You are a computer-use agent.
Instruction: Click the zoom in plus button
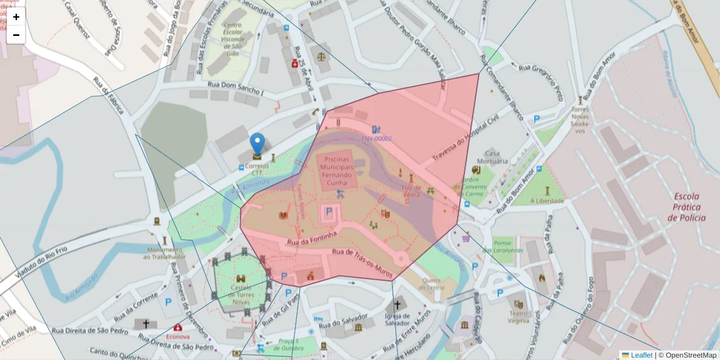16,17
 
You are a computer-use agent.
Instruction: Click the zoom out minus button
16,35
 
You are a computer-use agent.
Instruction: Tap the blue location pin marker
257,144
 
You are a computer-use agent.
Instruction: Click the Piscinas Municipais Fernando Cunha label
340,167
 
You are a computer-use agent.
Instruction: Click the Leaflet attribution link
641,355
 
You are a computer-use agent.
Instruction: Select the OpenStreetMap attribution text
687,355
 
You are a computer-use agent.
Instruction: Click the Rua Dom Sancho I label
236,88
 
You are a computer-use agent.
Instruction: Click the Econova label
178,337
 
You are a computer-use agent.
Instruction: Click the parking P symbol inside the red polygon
329,211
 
